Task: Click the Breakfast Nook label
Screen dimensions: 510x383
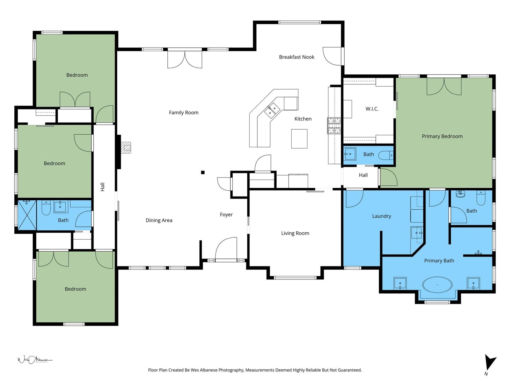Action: click(x=296, y=57)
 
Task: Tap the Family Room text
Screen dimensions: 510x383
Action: click(x=184, y=113)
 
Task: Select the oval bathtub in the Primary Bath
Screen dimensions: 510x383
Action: click(x=437, y=285)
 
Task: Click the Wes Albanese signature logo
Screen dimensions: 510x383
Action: click(x=35, y=360)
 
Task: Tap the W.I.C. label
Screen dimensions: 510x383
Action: click(x=372, y=109)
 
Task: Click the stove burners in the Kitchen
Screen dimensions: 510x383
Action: click(x=334, y=126)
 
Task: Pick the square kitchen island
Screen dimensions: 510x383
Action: click(x=299, y=139)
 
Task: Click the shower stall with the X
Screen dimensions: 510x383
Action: click(x=27, y=215)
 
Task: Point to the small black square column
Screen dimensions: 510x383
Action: click(x=203, y=172)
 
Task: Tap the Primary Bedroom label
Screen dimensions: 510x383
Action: click(x=442, y=136)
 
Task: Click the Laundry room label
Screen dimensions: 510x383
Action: click(x=382, y=216)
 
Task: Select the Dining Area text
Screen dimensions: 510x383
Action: click(x=159, y=220)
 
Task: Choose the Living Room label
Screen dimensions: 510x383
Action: click(x=295, y=233)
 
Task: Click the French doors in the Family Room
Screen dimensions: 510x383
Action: click(x=185, y=60)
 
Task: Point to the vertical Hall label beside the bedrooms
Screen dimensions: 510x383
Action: click(x=102, y=187)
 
